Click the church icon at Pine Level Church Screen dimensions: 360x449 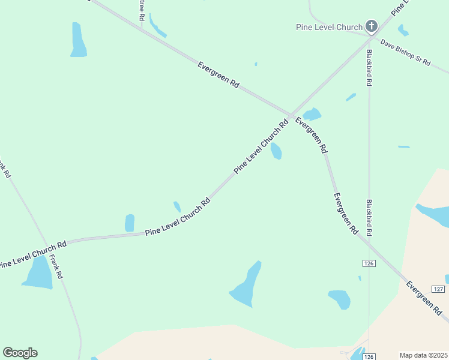click(x=372, y=26)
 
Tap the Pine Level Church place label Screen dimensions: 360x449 click(x=329, y=27)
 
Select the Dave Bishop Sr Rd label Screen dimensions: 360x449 click(x=406, y=53)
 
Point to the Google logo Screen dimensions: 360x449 click(x=20, y=352)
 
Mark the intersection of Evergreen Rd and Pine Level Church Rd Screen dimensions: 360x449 click(x=291, y=115)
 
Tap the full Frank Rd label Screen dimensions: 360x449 click(x=56, y=266)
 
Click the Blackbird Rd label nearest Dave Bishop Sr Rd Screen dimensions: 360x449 click(x=369, y=67)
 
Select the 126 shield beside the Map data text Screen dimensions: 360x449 click(x=369, y=356)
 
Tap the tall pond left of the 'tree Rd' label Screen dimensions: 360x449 click(x=78, y=40)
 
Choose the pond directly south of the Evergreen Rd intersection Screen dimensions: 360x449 click(x=276, y=151)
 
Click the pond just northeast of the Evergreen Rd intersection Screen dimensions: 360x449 click(x=312, y=114)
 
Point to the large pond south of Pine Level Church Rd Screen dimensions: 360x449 click(x=247, y=285)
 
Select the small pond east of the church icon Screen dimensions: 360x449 click(x=403, y=30)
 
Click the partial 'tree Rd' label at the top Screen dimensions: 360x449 click(x=141, y=10)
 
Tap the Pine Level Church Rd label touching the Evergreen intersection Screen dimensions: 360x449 click(x=262, y=148)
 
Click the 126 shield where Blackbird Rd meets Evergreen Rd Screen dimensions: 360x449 click(x=369, y=263)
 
